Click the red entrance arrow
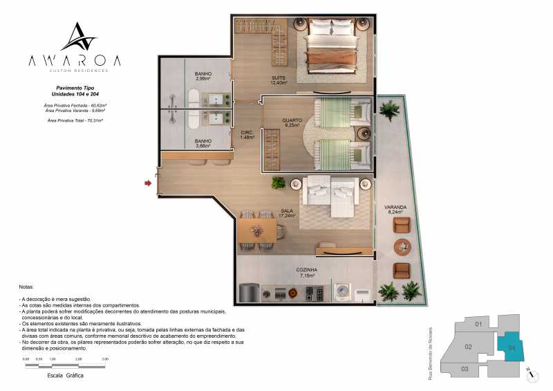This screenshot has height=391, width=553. point(147,183)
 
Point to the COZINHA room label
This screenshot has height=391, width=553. point(306,272)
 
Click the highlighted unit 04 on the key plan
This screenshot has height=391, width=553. point(511,347)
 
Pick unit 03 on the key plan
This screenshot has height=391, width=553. point(465,369)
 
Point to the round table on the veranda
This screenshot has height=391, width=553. point(402,246)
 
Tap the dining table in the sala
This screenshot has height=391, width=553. point(256,230)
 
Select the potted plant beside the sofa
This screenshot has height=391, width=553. point(278,183)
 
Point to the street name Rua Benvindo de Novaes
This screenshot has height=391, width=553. point(430,352)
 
